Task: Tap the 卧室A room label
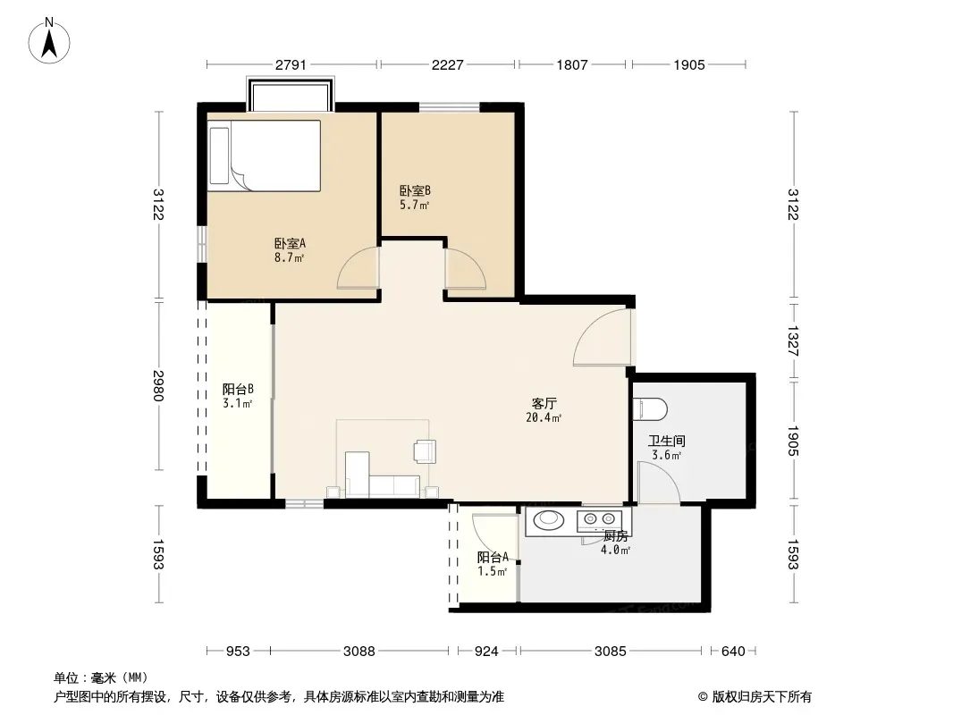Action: [290, 244]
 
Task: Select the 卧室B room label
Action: [415, 191]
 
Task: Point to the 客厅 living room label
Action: [544, 403]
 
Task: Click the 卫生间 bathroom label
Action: [667, 441]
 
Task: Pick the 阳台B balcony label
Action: [238, 390]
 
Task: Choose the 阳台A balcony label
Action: [493, 557]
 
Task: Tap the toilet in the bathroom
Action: [650, 409]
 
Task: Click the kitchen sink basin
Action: [548, 519]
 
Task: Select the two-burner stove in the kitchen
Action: [599, 519]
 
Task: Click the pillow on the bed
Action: [219, 156]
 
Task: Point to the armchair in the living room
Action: [425, 451]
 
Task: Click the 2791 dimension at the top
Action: [291, 64]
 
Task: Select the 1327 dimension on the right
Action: [793, 341]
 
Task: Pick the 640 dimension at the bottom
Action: [733, 652]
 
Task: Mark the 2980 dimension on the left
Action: [158, 386]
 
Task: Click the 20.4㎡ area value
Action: [544, 418]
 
